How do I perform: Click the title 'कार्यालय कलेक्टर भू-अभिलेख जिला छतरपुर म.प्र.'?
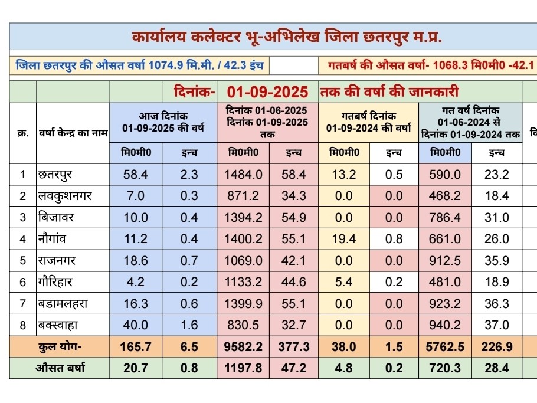pyautogui.click(x=287, y=38)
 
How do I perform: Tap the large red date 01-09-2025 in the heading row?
pyautogui.click(x=268, y=92)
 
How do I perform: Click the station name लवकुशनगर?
pyautogui.click(x=64, y=196)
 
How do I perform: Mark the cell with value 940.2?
pyautogui.click(x=445, y=325)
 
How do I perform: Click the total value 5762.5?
pyautogui.click(x=445, y=347)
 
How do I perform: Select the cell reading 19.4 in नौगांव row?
pyautogui.click(x=343, y=239)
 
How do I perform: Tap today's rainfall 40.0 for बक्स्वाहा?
pyautogui.click(x=136, y=325)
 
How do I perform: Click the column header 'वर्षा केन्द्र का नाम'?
pyautogui.click(x=73, y=133)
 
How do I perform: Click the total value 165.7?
pyautogui.click(x=136, y=347)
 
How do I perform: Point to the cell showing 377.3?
pyautogui.click(x=293, y=347)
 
